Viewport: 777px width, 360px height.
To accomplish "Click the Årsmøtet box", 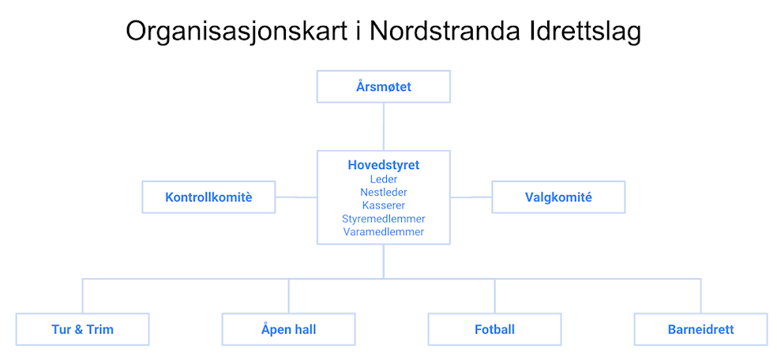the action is tap(384, 87).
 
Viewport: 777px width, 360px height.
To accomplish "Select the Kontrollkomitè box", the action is tap(208, 197).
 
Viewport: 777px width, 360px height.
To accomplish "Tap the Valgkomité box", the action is tap(558, 197).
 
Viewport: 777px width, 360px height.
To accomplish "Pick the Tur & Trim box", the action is tap(82, 329).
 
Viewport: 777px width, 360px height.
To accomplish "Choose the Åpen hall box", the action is tap(288, 329).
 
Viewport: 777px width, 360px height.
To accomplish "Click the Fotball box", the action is tap(494, 329).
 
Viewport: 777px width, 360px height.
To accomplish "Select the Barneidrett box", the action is tap(700, 329).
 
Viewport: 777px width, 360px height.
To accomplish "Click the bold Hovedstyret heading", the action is tap(384, 165).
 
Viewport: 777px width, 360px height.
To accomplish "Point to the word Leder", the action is tap(384, 178).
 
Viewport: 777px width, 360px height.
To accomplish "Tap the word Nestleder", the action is tap(384, 192).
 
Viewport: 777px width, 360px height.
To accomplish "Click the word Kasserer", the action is tap(384, 205).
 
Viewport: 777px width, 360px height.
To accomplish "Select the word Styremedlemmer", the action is tap(384, 219).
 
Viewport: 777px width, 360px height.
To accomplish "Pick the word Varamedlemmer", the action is tap(384, 232).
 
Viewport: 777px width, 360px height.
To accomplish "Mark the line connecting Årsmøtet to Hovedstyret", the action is tap(384, 127).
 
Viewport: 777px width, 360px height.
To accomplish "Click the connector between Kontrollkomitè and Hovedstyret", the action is tap(296, 197).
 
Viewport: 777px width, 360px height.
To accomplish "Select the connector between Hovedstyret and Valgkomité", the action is tap(471, 197).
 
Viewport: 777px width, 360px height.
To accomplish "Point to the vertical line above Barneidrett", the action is tap(700, 296).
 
